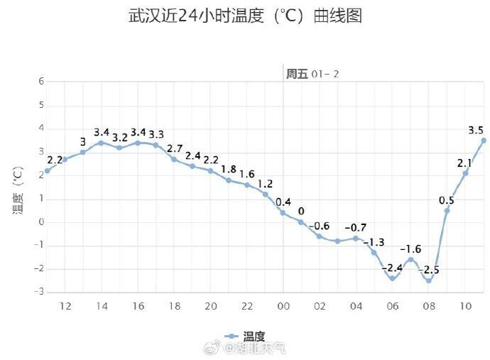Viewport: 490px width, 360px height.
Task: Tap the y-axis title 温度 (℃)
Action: pos(19,190)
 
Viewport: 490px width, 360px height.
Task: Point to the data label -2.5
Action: pos(428,270)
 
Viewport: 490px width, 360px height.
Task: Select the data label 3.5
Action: pos(476,130)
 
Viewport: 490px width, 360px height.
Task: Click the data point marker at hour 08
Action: pos(429,280)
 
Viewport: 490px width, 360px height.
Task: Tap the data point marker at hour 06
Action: pos(392,278)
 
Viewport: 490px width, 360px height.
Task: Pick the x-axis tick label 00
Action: pos(283,306)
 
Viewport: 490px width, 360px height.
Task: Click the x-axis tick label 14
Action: pos(101,306)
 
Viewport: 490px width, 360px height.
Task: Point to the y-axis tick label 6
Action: pos(41,82)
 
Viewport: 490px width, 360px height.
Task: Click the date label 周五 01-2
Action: pos(313,74)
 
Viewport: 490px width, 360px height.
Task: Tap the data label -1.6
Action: pos(410,249)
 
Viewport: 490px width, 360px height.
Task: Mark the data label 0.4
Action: pos(283,202)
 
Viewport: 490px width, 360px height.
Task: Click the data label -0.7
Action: pos(355,227)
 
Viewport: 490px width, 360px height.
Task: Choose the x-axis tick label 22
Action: pos(246,306)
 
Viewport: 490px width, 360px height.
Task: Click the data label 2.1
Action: pos(464,163)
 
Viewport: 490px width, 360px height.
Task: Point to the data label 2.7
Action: pos(174,148)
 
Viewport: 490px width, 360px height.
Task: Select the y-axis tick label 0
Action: pos(41,222)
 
